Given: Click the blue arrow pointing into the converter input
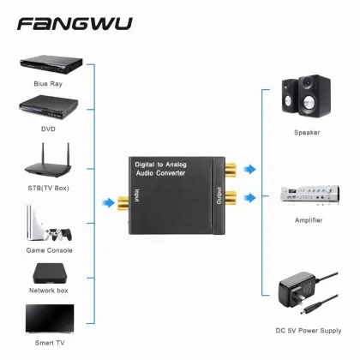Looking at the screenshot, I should (105, 203).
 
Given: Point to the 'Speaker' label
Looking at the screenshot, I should (307, 133).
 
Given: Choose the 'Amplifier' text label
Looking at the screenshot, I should (307, 220).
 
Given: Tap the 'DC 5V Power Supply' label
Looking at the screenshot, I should (307, 330).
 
